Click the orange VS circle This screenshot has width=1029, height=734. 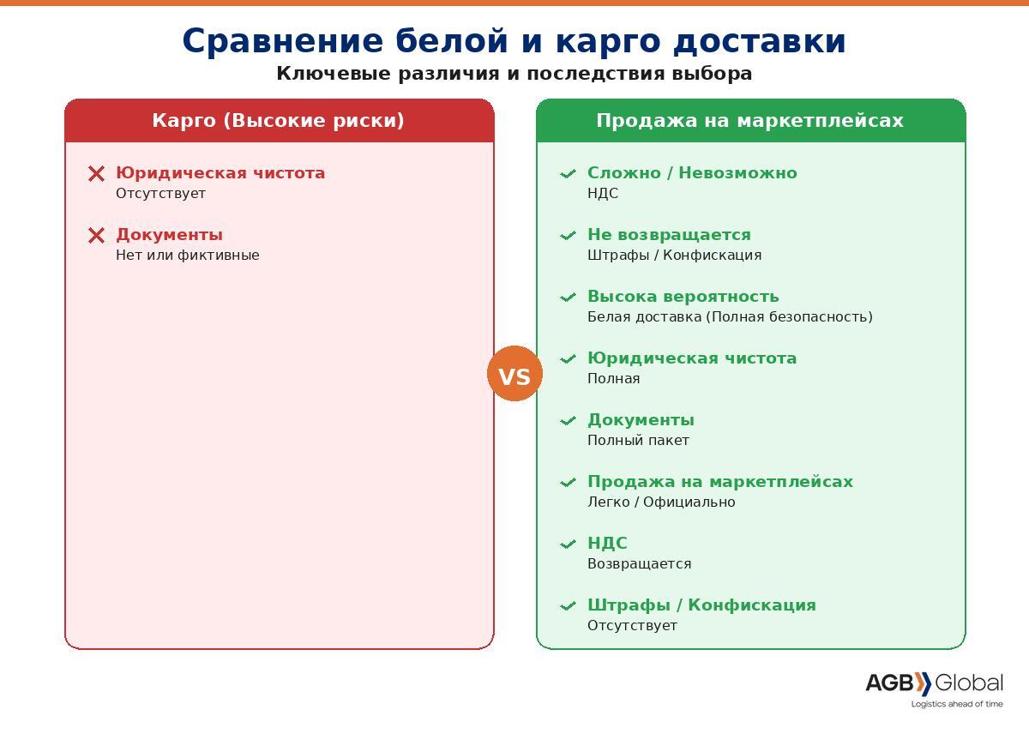point(514,373)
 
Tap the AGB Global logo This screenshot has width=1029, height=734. point(935,690)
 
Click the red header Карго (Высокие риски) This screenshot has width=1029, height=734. point(279,120)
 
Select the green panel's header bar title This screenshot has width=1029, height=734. point(749,120)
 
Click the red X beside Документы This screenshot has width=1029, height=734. point(96,236)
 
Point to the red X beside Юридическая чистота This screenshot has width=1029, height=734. point(96,174)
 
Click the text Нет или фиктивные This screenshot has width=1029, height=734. point(188,255)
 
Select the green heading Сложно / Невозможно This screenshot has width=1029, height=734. point(692,172)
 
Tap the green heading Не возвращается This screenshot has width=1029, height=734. point(670,235)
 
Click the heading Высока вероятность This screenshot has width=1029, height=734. point(683,297)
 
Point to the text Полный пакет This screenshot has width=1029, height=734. point(639,440)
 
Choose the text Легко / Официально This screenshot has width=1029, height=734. point(661,502)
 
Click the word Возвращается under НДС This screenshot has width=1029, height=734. point(640,563)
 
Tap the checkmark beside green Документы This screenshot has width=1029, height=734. point(568,421)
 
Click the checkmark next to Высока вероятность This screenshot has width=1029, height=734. point(568,298)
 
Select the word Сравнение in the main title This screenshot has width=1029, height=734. point(282,41)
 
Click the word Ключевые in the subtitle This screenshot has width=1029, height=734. point(334,74)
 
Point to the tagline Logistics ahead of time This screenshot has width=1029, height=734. point(957,704)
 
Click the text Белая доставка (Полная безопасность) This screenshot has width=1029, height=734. point(730,317)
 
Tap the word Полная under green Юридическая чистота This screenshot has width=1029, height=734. point(614,378)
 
